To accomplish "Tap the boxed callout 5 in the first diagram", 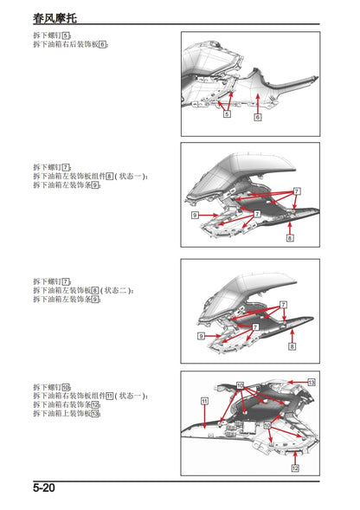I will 226,113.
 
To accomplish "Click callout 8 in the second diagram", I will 290,237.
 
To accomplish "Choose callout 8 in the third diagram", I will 292,346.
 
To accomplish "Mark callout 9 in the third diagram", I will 201,335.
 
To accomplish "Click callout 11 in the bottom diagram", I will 204,402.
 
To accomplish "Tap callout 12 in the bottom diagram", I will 294,468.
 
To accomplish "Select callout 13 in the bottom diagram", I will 311,382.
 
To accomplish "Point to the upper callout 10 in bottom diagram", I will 240,384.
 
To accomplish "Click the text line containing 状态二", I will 82,290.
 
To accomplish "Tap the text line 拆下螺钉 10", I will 53,386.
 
